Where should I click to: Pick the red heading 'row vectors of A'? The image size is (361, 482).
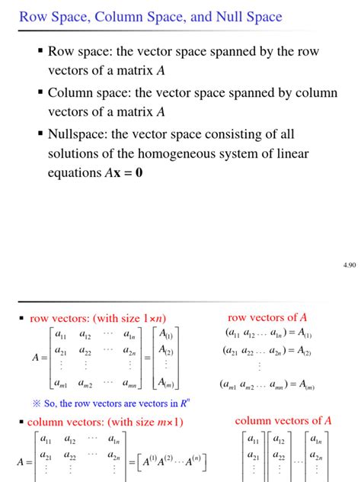pos(267,317)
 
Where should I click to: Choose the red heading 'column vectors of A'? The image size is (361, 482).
pos(283,420)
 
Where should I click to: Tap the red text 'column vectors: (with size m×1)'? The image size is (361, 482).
pos(104,422)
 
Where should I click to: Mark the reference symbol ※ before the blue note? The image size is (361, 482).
pos(36,403)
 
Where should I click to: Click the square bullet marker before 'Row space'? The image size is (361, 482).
pos(40,53)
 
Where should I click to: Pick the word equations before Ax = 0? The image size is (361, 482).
pos(74,174)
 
